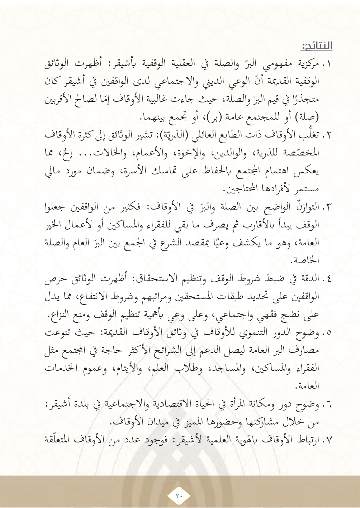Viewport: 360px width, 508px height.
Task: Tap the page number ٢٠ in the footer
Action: click(x=179, y=495)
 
